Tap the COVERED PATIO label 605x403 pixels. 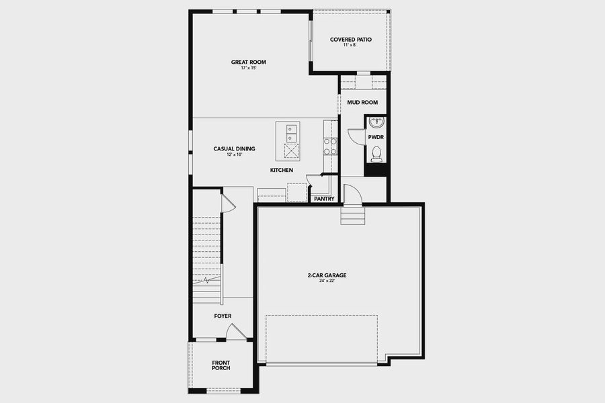[x=350, y=40]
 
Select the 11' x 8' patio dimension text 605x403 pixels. [x=350, y=46]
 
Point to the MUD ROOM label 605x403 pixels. [x=362, y=102]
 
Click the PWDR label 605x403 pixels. [x=375, y=136]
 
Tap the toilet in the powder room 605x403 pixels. [x=376, y=154]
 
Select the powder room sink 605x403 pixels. [x=376, y=124]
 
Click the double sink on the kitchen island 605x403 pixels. [x=292, y=133]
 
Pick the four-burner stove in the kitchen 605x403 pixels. [x=330, y=146]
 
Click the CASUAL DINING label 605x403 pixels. [x=234, y=148]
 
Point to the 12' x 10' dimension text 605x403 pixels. [x=234, y=155]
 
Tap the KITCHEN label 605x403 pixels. [x=282, y=171]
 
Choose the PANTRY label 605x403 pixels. [x=324, y=199]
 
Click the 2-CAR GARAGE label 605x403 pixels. [x=327, y=275]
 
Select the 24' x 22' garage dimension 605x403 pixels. [x=327, y=281]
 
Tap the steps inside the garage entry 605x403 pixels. [x=352, y=217]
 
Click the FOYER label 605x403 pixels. [x=223, y=316]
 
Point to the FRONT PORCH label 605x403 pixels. [x=221, y=365]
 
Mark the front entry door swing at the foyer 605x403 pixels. [x=236, y=332]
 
